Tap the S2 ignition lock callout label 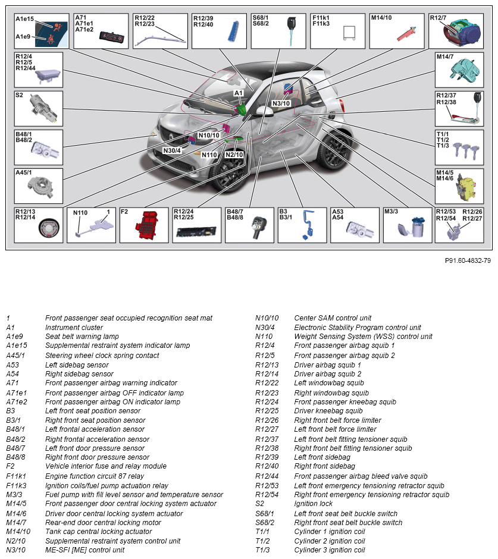(x=20, y=95)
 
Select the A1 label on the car (x=238, y=93)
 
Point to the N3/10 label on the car (x=281, y=103)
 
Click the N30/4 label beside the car (x=172, y=150)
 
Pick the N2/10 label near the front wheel (x=234, y=155)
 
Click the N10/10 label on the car (x=209, y=135)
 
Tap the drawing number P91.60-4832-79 (x=468, y=260)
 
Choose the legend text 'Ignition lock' (x=312, y=504)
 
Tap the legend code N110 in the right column (x=264, y=337)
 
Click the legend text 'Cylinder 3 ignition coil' (x=330, y=550)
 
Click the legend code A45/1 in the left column (x=16, y=355)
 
